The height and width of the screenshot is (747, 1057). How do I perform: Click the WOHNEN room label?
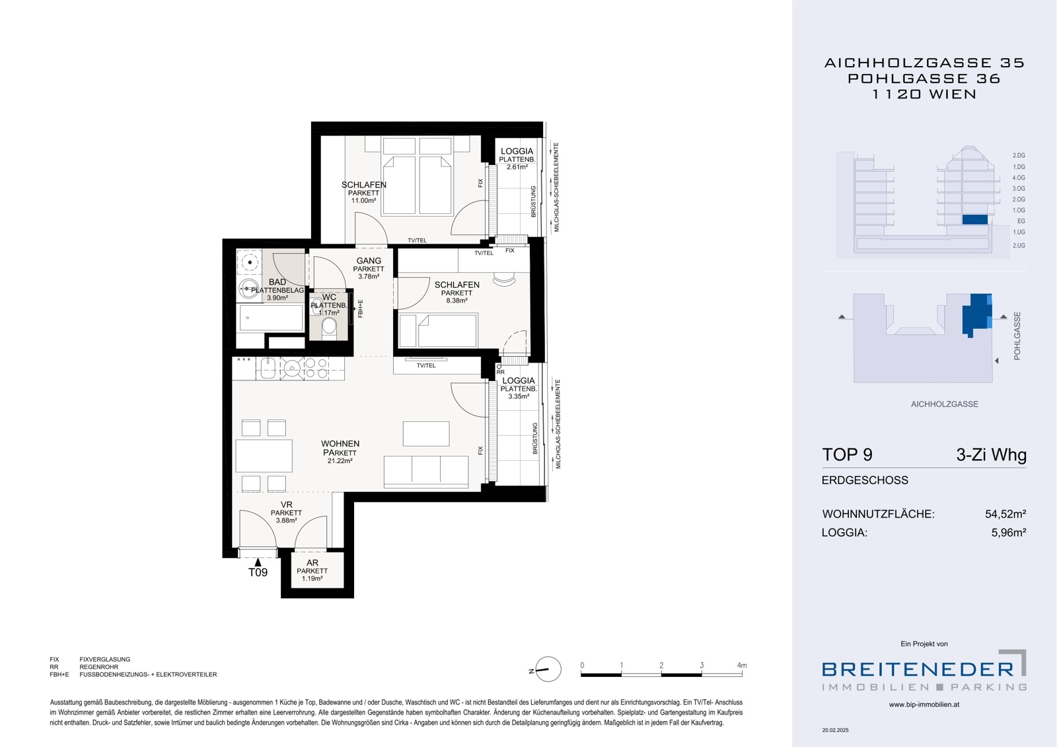click(340, 444)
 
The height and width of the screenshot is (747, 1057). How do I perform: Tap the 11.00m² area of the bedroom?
click(363, 201)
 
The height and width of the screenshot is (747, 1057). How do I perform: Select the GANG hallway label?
click(369, 260)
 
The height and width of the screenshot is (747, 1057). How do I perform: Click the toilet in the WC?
click(329, 326)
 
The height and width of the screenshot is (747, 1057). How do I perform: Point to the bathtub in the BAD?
click(270, 318)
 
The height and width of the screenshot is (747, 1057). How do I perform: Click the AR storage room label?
click(312, 563)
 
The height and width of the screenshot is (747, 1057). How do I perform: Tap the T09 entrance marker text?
click(258, 573)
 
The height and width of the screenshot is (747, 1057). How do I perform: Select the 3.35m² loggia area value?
click(518, 396)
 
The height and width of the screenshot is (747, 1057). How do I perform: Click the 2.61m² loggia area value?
click(517, 167)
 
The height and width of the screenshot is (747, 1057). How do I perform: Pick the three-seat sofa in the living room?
click(426, 472)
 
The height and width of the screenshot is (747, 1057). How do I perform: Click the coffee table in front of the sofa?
click(426, 434)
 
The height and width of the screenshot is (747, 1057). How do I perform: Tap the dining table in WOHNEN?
click(264, 455)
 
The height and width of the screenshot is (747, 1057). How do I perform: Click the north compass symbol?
click(548, 669)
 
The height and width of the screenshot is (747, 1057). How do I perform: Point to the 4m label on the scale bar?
click(742, 665)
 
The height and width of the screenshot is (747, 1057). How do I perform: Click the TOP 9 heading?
click(847, 454)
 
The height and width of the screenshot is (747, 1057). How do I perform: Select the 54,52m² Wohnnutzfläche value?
click(1005, 514)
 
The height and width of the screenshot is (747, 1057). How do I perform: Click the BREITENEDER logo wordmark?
click(918, 669)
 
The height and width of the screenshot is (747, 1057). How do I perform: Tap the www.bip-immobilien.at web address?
click(924, 705)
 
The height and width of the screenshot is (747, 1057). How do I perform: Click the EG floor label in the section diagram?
click(1021, 221)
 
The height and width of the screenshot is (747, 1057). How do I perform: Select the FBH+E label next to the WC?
click(360, 308)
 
